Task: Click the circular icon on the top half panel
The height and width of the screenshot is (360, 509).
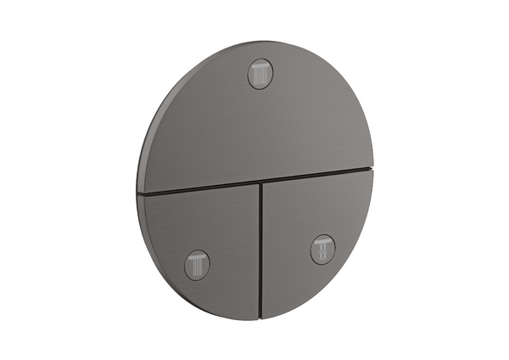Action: point(260,74)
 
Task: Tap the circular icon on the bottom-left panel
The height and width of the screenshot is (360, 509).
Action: point(197,263)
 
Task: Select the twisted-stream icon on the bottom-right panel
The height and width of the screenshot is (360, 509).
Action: point(322,248)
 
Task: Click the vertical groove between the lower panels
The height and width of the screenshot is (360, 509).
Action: point(260,246)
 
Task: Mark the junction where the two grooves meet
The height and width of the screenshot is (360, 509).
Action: point(260,182)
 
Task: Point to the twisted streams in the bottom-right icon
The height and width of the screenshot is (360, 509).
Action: point(322,251)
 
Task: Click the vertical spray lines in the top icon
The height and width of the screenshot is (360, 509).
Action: point(260,78)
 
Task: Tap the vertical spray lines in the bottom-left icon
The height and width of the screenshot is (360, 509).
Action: point(197,267)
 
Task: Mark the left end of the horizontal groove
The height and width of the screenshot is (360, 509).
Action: point(139,194)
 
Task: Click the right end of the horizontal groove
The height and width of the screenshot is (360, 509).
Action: point(372,169)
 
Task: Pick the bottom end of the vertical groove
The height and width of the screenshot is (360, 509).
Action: point(261,318)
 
